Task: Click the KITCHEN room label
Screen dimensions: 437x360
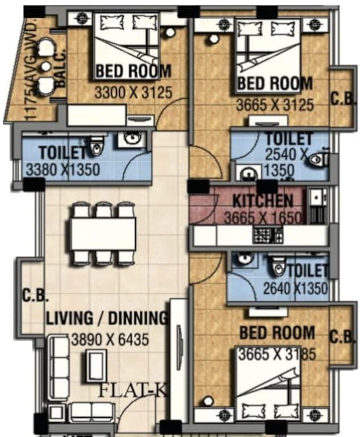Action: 263,200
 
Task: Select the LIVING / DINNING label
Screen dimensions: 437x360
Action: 107,318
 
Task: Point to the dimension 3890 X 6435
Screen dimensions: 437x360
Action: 110,340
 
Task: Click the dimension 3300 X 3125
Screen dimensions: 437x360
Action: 133,92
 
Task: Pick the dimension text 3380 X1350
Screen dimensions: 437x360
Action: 63,169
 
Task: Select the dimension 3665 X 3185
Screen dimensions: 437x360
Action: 277,353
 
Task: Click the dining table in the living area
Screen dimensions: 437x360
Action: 103,234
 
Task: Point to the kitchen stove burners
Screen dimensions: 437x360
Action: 264,233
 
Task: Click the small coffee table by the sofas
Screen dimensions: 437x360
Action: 95,365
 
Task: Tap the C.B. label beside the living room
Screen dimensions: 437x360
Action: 35,296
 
